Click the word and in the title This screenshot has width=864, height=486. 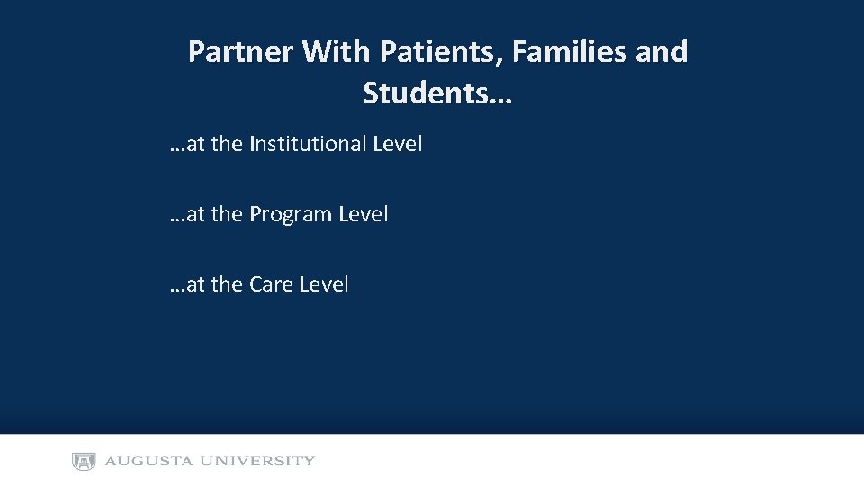pyautogui.click(x=661, y=52)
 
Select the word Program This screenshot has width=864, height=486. pyautogui.click(x=290, y=214)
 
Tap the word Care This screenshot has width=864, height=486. pyautogui.click(x=271, y=284)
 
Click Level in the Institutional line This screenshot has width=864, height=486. pyautogui.click(x=397, y=144)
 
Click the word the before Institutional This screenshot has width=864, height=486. pyautogui.click(x=227, y=144)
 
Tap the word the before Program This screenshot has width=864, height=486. pyautogui.click(x=227, y=214)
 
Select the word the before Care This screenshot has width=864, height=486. pyautogui.click(x=227, y=284)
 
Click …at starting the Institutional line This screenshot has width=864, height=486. pyautogui.click(x=186, y=144)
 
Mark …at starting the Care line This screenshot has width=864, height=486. pyautogui.click(x=186, y=284)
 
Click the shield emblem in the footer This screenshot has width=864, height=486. pyautogui.click(x=84, y=462)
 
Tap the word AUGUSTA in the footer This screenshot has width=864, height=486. pyautogui.click(x=148, y=462)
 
